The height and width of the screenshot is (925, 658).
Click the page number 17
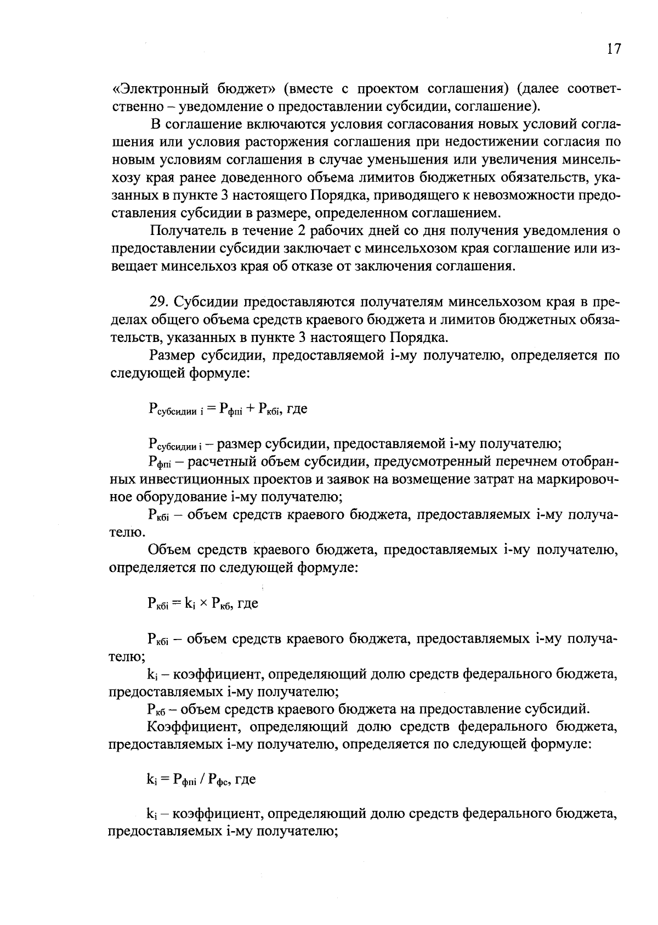(614, 49)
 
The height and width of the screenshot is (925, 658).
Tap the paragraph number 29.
(158, 302)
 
